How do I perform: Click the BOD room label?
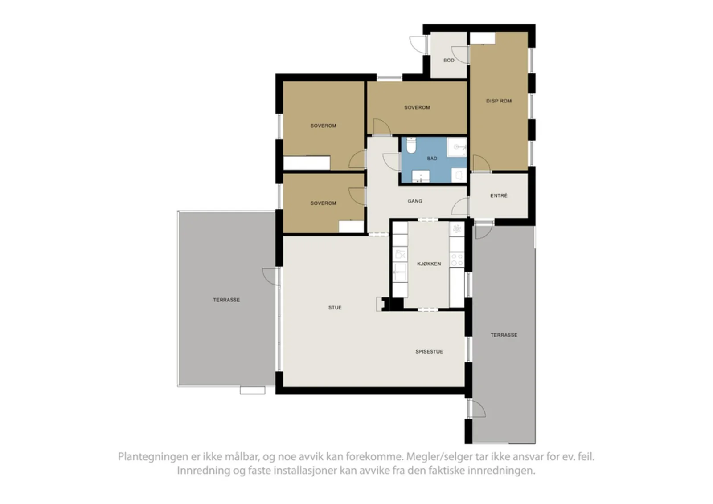(x=449, y=60)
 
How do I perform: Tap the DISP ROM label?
(x=499, y=101)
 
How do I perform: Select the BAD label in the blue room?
(x=432, y=159)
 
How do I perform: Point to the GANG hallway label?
(x=415, y=201)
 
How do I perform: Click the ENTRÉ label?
(x=499, y=195)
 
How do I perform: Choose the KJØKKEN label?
(x=429, y=264)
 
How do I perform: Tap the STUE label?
(x=335, y=308)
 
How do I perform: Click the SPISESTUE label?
(x=429, y=351)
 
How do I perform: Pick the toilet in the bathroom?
(x=411, y=145)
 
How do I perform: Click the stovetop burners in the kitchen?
(x=457, y=259)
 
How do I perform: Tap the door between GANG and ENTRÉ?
(x=460, y=206)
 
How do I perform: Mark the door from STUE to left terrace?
(x=271, y=276)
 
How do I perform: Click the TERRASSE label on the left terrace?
(x=226, y=300)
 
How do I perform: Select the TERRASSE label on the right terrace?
(x=504, y=335)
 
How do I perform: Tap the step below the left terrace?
(x=252, y=390)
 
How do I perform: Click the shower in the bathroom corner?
(x=457, y=147)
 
